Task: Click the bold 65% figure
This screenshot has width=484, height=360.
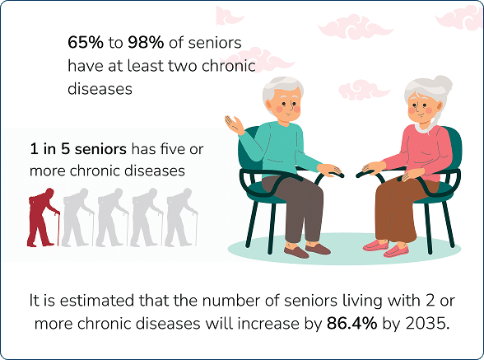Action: tap(87, 41)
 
